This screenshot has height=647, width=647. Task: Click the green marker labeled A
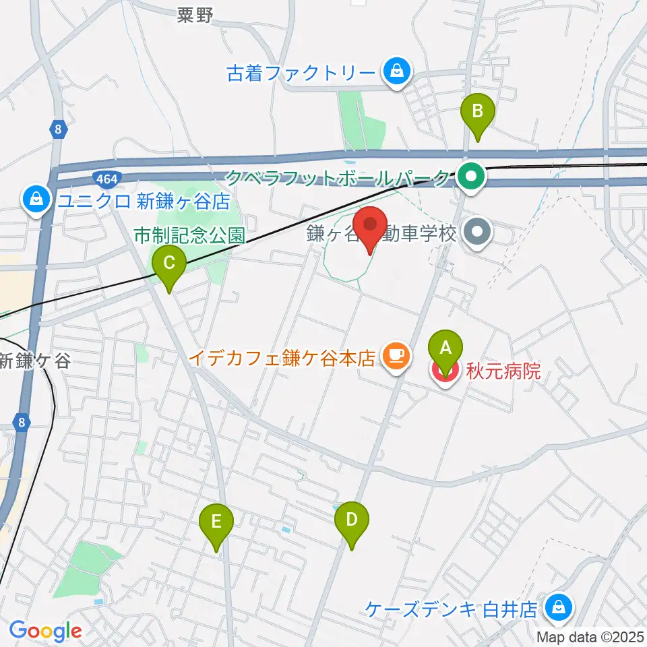445,348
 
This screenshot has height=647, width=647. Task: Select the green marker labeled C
168,262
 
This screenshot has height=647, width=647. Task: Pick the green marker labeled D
351,520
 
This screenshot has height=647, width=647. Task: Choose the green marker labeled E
216,522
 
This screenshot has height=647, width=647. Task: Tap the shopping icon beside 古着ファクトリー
397,70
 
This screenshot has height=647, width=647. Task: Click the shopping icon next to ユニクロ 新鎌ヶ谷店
34,199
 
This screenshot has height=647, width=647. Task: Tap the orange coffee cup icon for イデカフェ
396,355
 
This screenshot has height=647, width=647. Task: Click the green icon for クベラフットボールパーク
471,179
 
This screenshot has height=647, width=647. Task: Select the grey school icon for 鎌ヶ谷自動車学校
478,234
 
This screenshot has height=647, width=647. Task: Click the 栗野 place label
195,16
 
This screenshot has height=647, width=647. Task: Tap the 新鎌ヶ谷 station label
35,361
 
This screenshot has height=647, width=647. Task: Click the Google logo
45,630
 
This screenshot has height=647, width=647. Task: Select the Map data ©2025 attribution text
590,636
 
